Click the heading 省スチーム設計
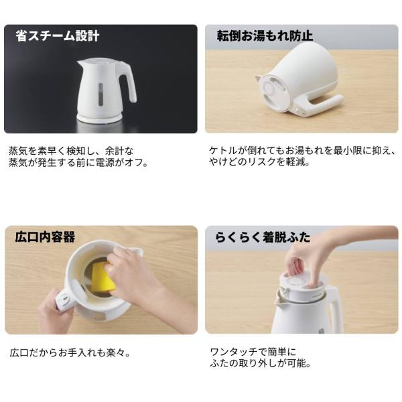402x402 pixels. point(58,36)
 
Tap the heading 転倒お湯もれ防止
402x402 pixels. point(265,36)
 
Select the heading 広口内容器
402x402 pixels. point(45,237)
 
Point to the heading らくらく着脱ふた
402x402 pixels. point(263,237)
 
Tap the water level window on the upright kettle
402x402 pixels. point(100,94)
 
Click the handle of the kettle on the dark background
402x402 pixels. point(128,82)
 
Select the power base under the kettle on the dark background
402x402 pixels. point(99,117)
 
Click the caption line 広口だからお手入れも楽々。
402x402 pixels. point(70,353)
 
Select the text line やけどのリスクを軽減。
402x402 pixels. point(259,161)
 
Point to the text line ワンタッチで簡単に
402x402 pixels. point(253,352)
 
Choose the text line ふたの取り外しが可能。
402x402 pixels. point(261,363)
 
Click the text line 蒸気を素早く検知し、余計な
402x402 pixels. point(71,151)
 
